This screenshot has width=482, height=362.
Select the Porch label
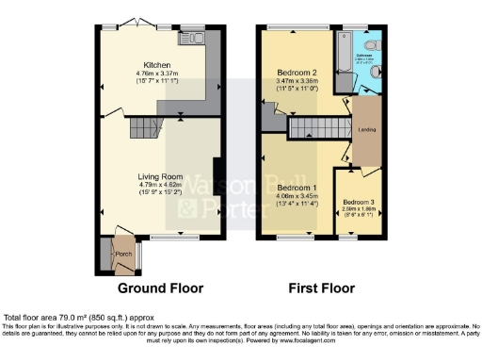point(122,255)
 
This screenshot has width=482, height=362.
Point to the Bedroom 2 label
point(295,73)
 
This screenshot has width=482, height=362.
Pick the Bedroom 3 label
point(358,203)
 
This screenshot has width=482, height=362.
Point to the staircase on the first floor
point(317,127)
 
